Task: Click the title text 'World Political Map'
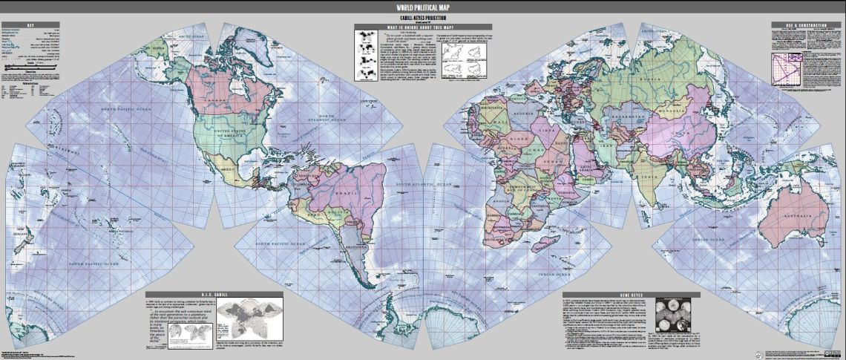click(x=422, y=6)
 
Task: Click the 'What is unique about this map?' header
click(x=423, y=27)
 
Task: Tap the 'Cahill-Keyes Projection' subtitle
click(x=422, y=16)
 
